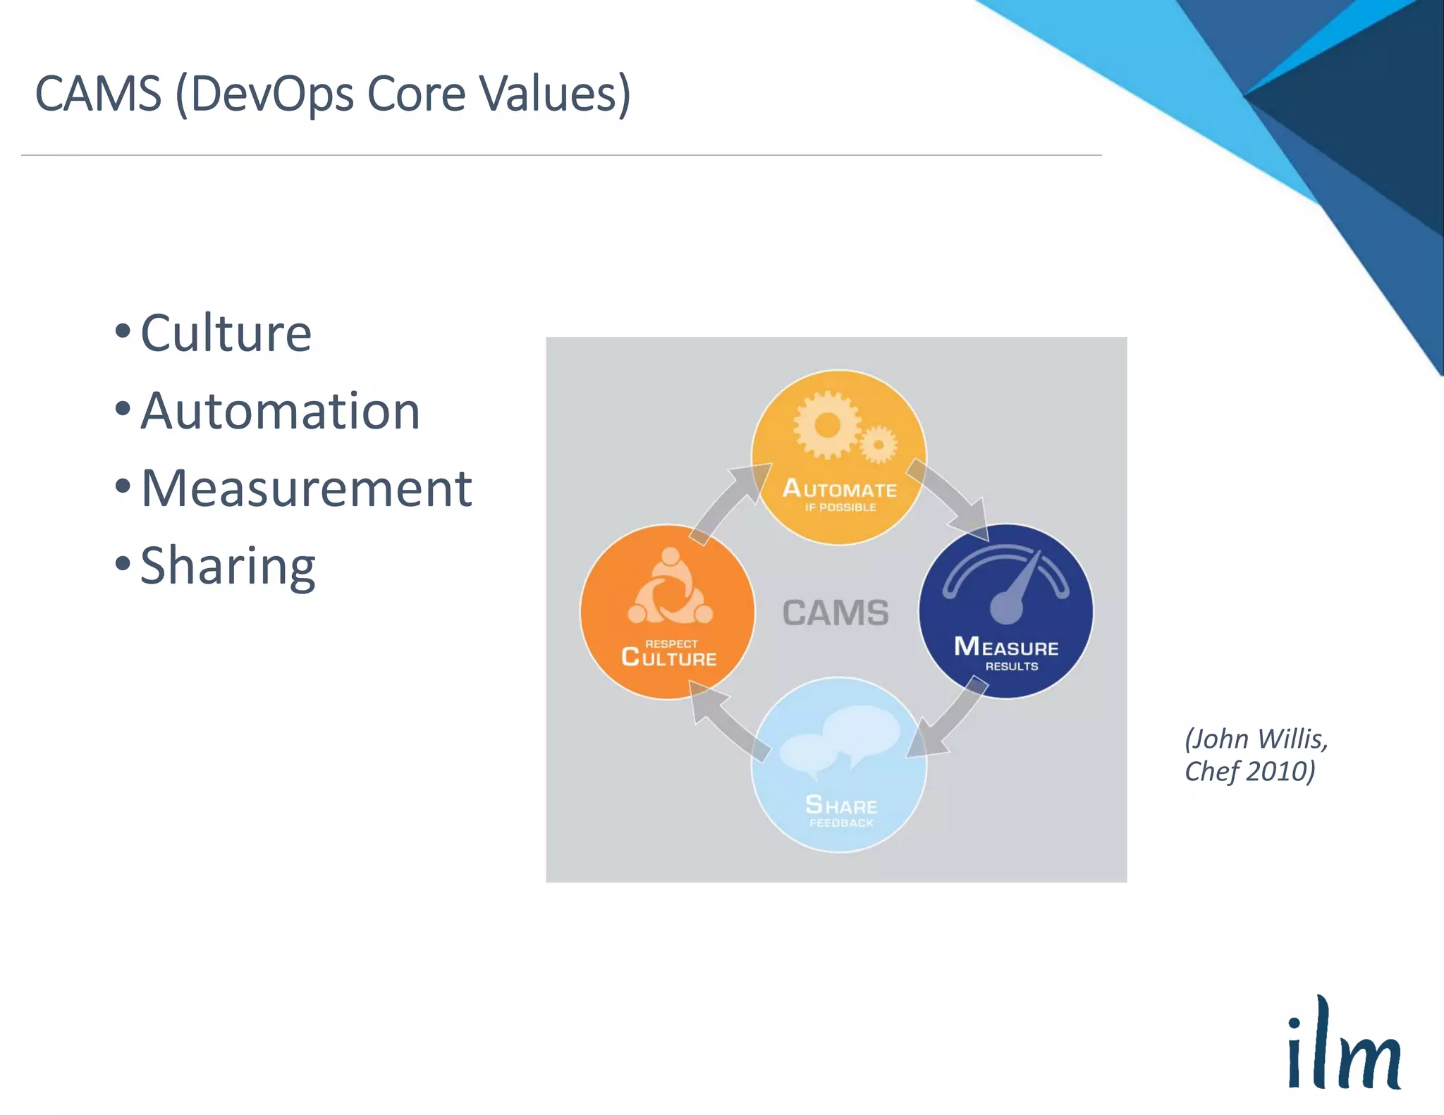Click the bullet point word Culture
tap(226, 333)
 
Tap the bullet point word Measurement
tap(306, 488)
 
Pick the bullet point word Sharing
tap(228, 566)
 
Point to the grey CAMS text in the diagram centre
tap(836, 612)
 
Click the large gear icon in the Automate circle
tap(826, 425)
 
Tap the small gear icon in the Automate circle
tap(879, 444)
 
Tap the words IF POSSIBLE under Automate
tap(840, 507)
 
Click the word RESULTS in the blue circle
tap(1011, 666)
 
